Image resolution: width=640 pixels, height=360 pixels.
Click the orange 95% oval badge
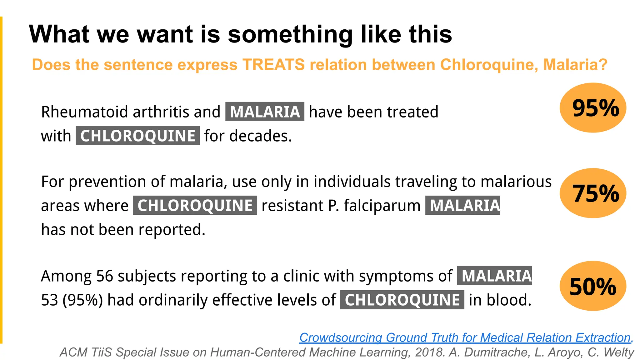593,108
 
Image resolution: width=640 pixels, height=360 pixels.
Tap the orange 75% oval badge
593,193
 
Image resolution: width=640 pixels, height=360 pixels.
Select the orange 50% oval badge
593,286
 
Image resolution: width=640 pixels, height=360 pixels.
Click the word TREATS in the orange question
273,65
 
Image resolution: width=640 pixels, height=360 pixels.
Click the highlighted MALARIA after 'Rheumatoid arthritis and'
265,112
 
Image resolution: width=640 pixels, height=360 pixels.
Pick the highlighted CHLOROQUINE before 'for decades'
138,136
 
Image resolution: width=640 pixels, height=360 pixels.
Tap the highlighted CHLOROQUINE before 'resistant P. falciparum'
195,206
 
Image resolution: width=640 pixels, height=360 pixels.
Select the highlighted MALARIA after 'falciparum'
463,206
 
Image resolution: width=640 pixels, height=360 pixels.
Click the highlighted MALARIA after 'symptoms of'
494,276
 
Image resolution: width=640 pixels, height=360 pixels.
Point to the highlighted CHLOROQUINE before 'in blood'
402,300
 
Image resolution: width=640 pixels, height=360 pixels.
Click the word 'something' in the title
290,34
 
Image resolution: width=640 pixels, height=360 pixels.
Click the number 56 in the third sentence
104,276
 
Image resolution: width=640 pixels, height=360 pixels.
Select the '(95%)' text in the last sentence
82,300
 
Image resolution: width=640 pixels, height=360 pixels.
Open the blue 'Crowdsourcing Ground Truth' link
466,337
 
